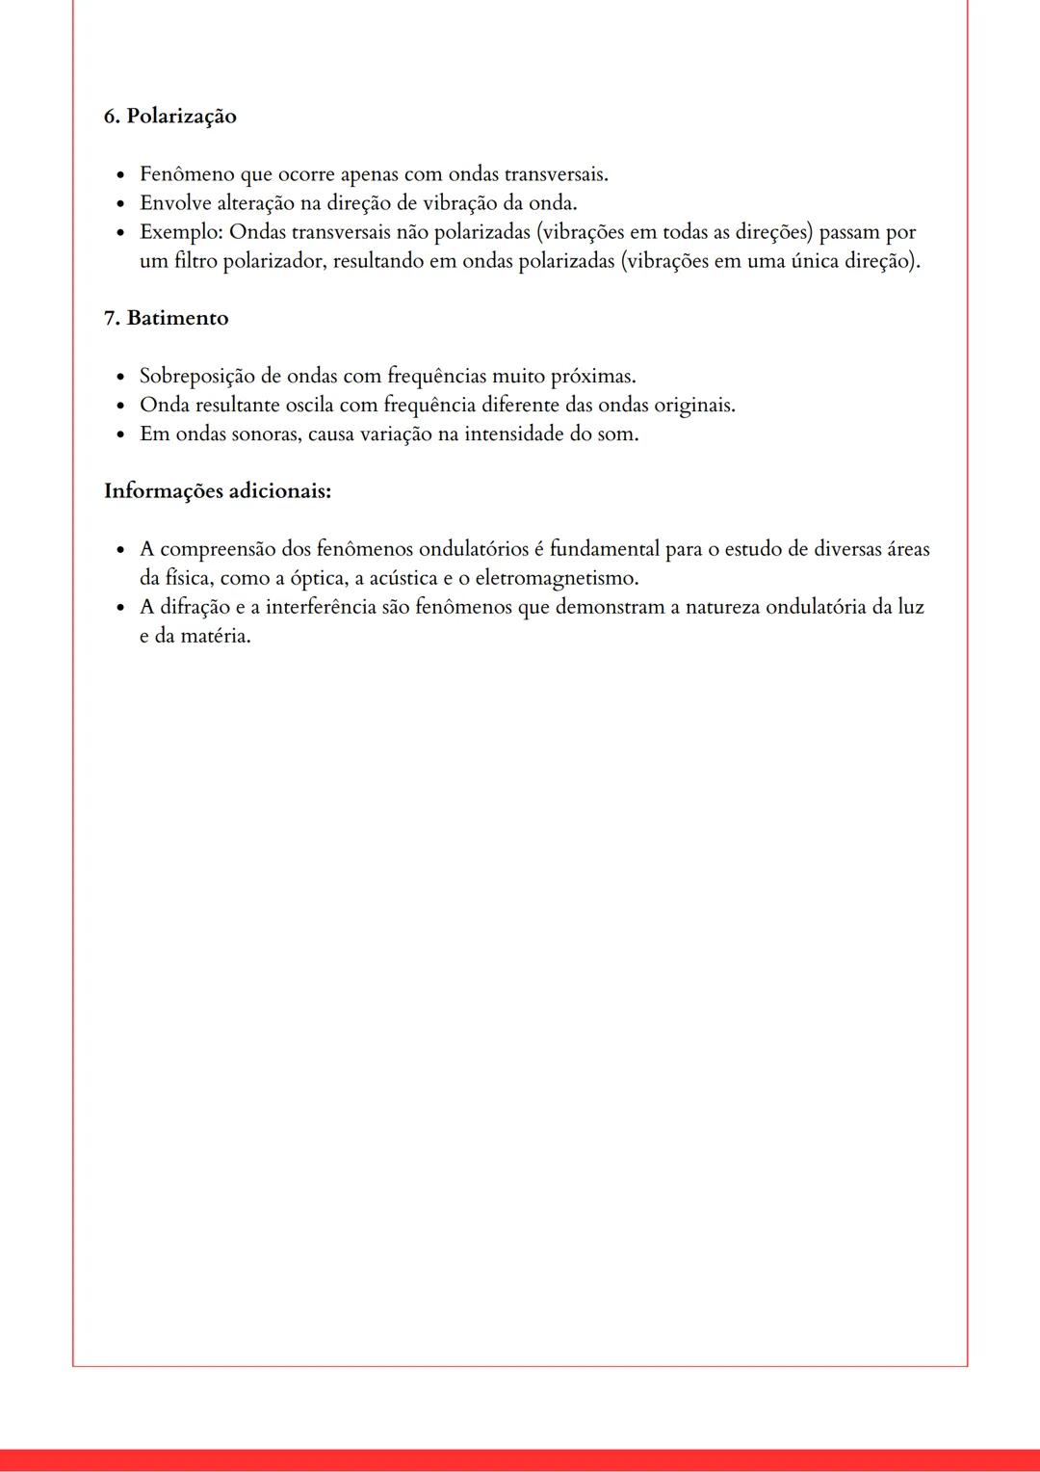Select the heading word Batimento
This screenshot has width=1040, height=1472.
[177, 319]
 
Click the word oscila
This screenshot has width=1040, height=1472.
[309, 406]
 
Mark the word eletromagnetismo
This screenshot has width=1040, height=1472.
[557, 579]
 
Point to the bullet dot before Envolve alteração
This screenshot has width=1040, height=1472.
[120, 204]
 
